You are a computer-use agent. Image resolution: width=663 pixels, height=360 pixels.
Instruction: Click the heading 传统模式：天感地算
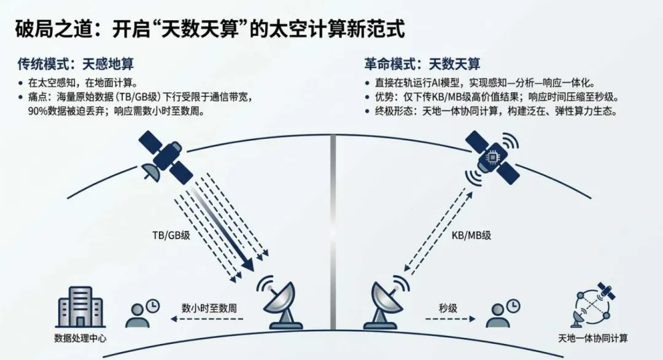coord(76,63)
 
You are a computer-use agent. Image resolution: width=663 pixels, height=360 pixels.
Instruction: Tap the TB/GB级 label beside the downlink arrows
coord(172,235)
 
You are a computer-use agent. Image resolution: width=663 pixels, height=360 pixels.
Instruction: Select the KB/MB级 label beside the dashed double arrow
coord(471,235)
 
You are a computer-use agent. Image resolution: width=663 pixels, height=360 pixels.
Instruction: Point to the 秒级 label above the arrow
coord(448,307)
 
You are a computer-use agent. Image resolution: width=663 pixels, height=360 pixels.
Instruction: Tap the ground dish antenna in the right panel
coord(386,304)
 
